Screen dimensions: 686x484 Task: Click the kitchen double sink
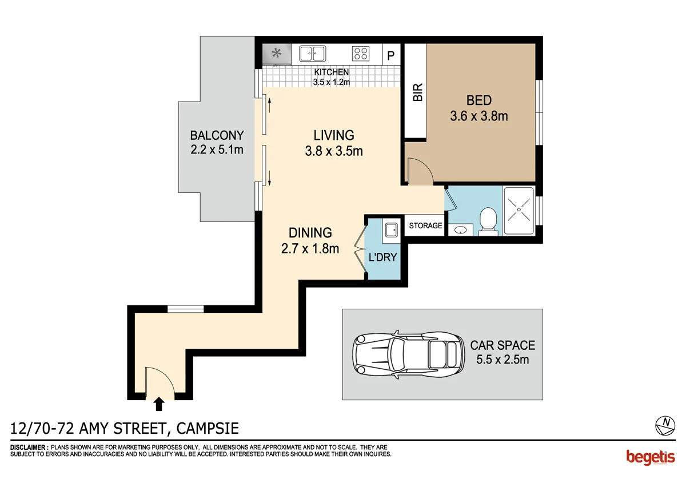click(312, 54)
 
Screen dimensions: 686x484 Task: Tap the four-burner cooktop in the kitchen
click(361, 54)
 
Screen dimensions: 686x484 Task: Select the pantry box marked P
click(391, 54)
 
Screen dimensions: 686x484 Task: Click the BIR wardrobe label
click(418, 92)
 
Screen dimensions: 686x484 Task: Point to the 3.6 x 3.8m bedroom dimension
click(479, 116)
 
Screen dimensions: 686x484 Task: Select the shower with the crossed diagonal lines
click(519, 211)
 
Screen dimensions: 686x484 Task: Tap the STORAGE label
click(425, 225)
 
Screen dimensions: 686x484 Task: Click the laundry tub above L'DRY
click(392, 230)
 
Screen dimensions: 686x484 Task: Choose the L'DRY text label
click(383, 257)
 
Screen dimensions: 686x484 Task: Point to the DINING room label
click(310, 233)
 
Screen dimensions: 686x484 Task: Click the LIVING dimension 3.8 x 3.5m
click(334, 151)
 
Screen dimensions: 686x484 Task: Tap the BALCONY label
click(217, 135)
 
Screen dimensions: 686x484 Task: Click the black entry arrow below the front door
click(159, 404)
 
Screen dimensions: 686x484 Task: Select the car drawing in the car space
click(408, 354)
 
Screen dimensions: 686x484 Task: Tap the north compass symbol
click(665, 426)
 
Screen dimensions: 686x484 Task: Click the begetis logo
click(651, 457)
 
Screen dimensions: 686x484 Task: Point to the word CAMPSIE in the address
click(208, 429)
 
